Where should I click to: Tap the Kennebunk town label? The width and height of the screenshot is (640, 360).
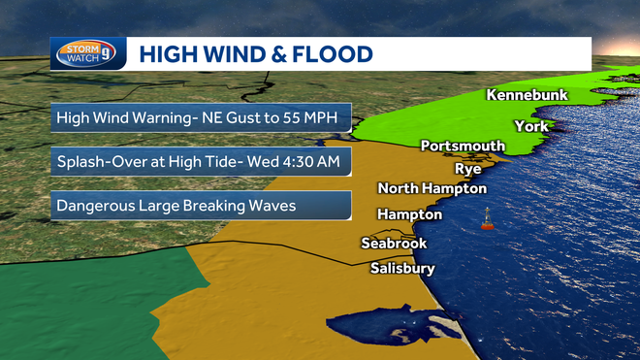[527, 96]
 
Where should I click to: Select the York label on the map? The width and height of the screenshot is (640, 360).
[531, 126]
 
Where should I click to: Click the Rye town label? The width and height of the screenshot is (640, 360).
[468, 168]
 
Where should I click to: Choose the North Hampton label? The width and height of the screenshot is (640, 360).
[432, 188]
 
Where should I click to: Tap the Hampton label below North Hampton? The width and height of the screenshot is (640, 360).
[409, 214]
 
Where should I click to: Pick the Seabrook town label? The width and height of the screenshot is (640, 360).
[394, 244]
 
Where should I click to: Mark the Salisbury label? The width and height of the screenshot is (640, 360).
[402, 269]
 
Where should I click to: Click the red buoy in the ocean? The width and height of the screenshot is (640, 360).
[488, 221]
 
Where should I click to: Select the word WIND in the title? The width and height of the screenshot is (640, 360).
[228, 54]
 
